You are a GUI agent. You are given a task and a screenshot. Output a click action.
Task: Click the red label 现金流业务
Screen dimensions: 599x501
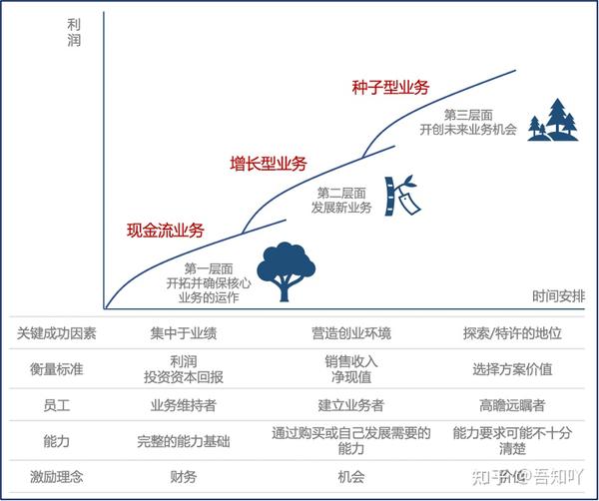165,231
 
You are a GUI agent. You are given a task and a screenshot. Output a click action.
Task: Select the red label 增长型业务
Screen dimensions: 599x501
268,164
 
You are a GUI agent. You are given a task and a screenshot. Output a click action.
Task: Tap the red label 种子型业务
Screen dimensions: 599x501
390,87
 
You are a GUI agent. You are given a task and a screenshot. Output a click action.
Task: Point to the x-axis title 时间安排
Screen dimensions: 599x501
559,295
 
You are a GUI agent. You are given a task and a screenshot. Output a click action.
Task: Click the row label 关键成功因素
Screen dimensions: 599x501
56,333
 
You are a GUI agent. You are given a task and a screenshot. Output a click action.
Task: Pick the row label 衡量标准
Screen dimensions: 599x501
56,368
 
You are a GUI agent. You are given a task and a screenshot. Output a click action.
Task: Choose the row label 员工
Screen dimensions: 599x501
56,405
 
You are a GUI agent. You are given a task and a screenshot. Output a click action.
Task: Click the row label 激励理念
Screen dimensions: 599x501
56,476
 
